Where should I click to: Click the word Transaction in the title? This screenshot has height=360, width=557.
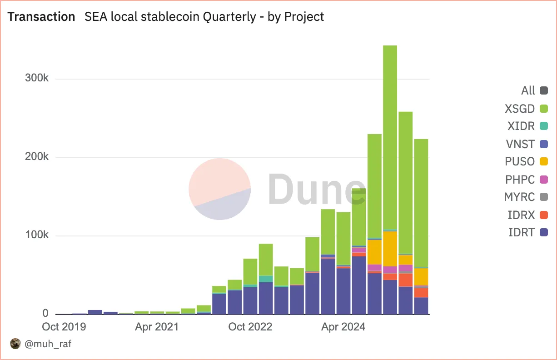click(41, 17)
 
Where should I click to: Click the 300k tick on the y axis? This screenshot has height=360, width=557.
click(36, 78)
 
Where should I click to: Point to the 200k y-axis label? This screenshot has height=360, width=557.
click(36, 157)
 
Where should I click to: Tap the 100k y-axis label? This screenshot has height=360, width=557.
click(36, 235)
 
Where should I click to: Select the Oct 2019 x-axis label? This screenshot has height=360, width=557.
click(64, 327)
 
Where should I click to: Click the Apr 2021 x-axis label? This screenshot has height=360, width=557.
click(157, 327)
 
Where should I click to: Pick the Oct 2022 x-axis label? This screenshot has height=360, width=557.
click(250, 327)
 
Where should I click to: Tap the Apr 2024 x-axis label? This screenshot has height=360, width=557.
click(343, 327)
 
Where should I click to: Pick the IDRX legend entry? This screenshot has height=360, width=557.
click(527, 215)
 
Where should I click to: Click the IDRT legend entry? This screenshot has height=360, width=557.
click(527, 232)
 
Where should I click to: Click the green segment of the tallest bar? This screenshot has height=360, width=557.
click(390, 136)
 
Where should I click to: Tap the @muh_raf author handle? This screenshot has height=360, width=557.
click(48, 344)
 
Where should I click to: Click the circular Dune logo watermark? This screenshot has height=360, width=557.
click(219, 189)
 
